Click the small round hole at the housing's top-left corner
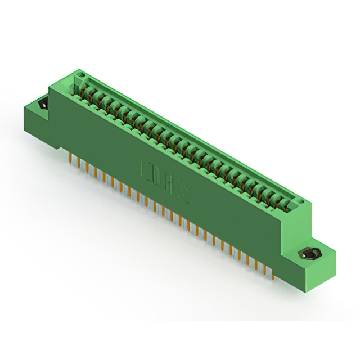click(80, 75)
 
